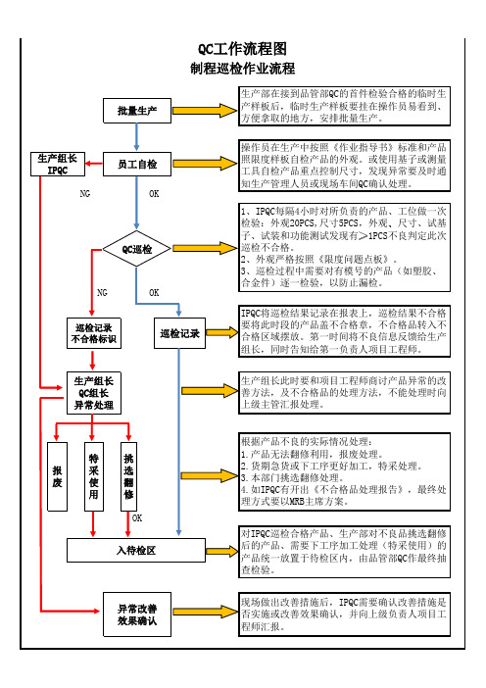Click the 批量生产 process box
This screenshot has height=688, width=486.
tap(137, 111)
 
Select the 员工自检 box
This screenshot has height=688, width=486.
tap(137, 164)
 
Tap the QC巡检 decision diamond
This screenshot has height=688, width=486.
tap(137, 249)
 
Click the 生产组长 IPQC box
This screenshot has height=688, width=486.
tap(58, 164)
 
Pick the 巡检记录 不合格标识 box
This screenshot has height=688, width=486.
tap(93, 333)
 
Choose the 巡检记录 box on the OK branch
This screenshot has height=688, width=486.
tap(180, 333)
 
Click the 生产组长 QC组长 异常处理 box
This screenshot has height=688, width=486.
tap(93, 393)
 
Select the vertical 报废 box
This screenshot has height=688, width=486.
tap(58, 476)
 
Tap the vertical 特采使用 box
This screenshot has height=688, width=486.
tap(94, 476)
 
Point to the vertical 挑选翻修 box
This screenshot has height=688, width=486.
tap(128, 476)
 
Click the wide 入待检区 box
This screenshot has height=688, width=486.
tap(136, 550)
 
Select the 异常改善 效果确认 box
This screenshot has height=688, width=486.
tap(137, 614)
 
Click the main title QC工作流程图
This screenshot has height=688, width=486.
tap(243, 49)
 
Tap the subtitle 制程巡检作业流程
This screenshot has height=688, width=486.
tap(243, 69)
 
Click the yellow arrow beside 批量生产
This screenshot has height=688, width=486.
tap(205, 111)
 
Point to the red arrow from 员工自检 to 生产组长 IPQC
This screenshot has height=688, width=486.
tap(94, 164)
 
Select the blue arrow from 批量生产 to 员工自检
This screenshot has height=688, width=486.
tap(137, 137)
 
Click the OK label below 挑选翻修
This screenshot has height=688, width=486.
tap(137, 518)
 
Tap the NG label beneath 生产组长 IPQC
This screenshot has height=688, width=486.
tap(85, 193)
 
